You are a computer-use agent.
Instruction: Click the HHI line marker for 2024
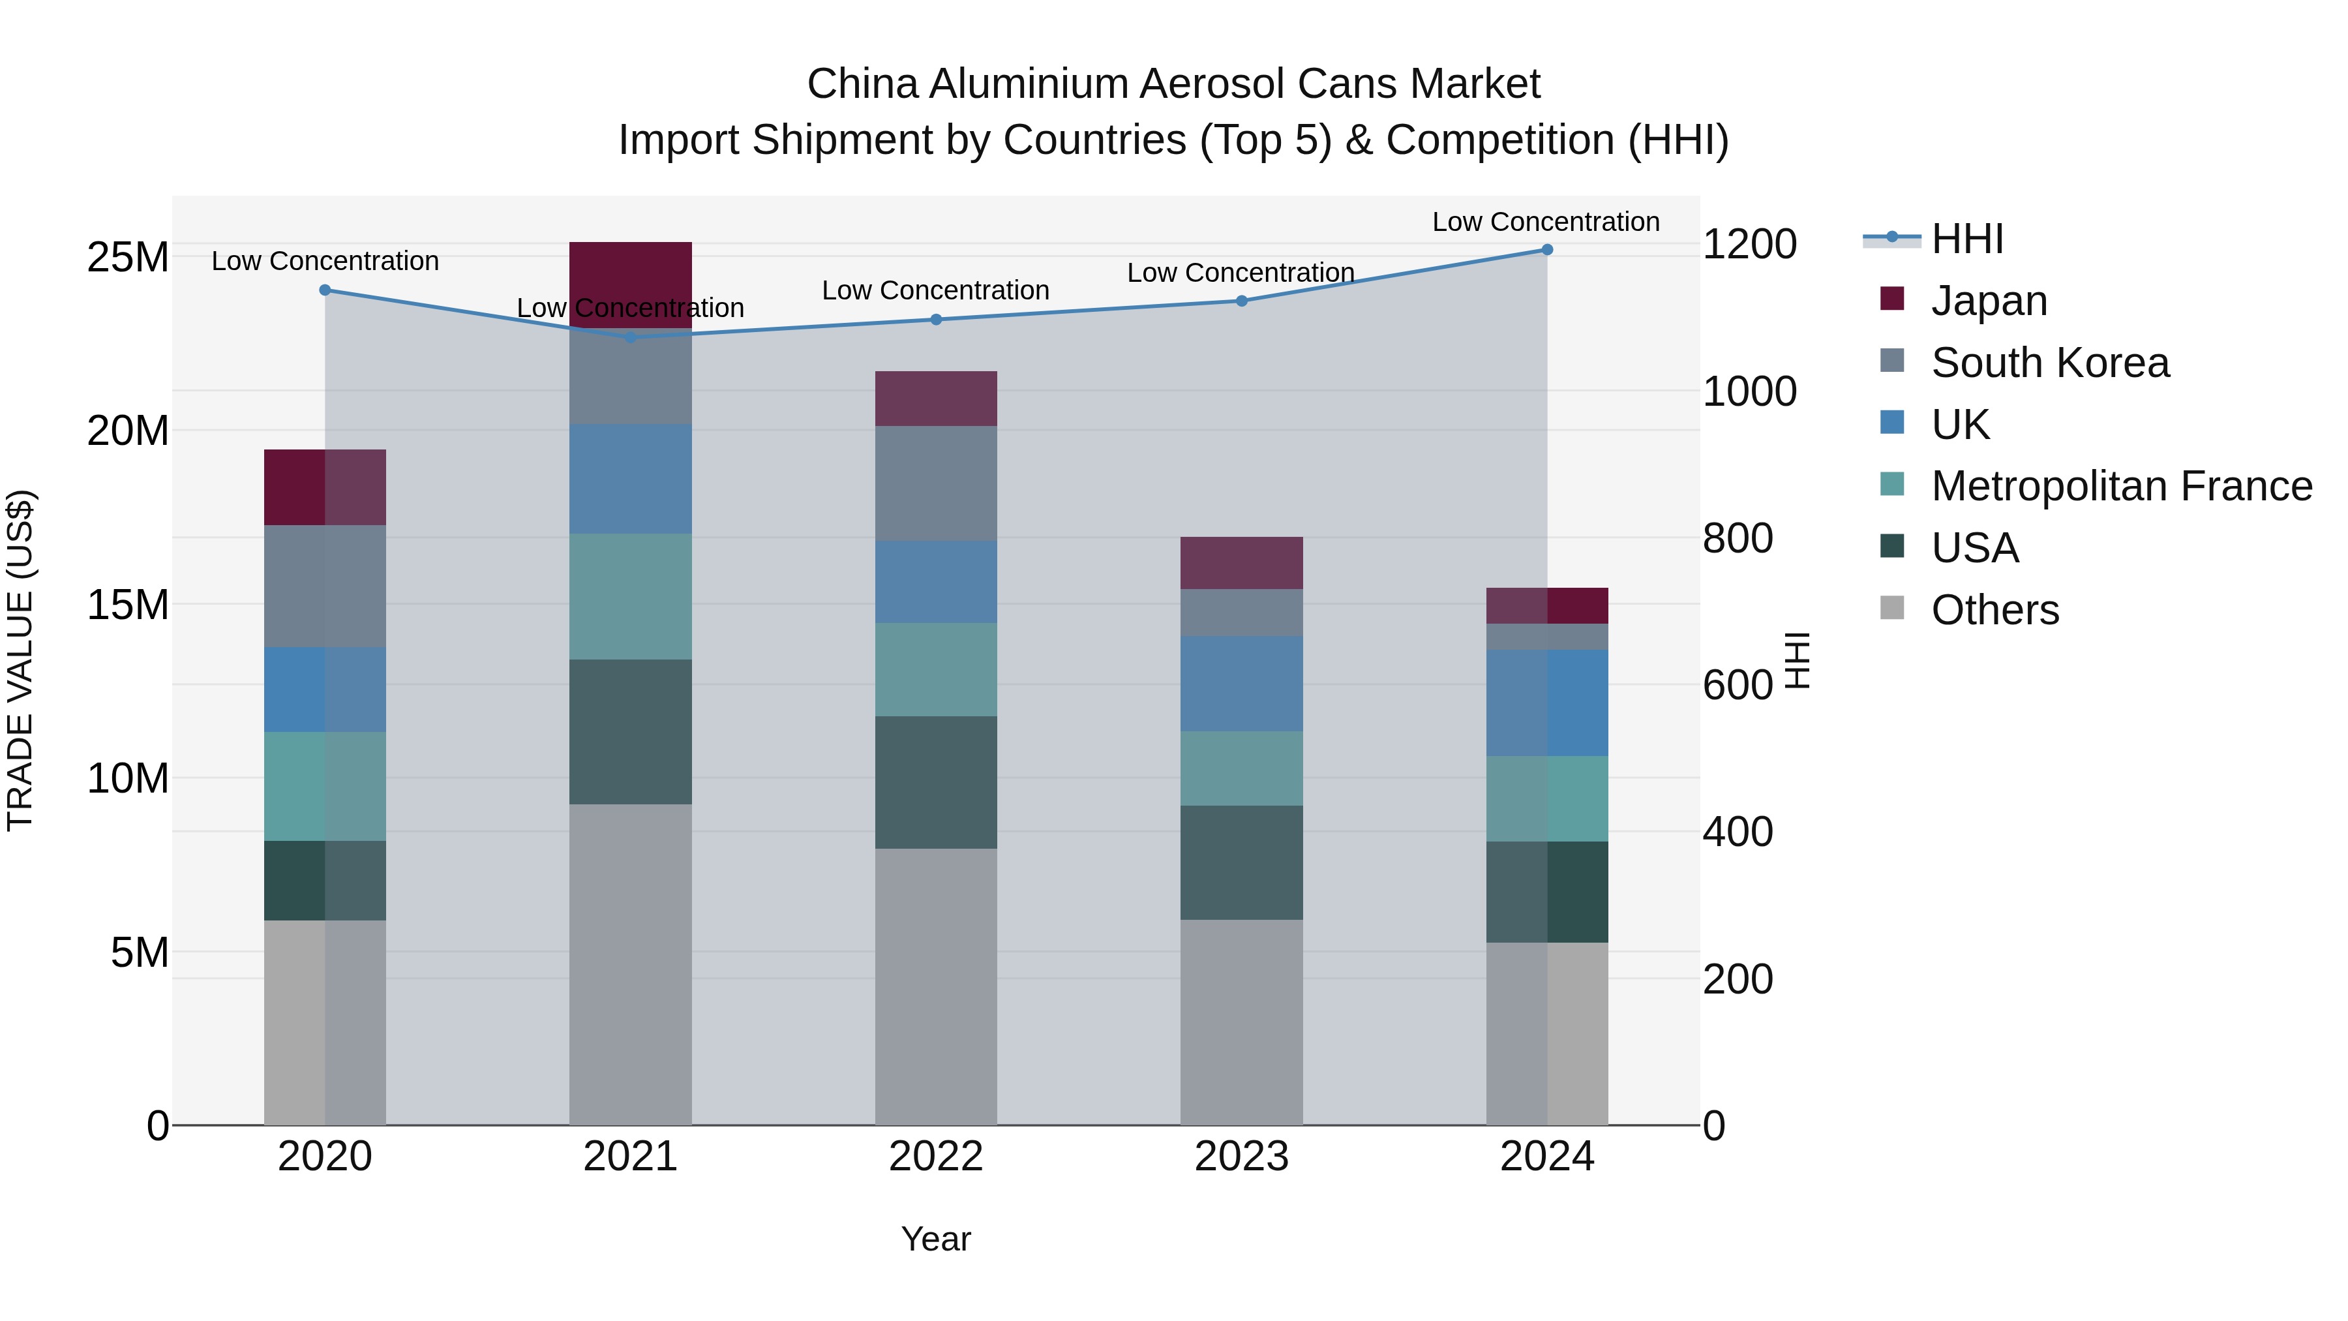(1547, 250)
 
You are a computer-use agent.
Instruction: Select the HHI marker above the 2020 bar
(325, 290)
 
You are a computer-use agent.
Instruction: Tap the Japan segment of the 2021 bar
(630, 273)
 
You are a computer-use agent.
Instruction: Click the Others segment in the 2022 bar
(936, 986)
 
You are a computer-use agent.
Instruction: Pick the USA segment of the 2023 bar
(1241, 862)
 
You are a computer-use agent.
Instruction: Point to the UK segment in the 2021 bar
(630, 479)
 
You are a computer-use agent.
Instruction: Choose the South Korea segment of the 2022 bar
(936, 483)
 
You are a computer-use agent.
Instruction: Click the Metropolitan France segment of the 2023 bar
(1241, 768)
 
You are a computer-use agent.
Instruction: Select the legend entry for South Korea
(2049, 363)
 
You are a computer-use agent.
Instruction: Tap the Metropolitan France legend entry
(2121, 486)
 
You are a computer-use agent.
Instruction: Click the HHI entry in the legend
(1967, 239)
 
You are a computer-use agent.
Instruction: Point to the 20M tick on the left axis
(128, 431)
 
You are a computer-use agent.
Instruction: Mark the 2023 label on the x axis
(1241, 1157)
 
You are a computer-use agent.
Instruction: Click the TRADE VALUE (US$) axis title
(20, 660)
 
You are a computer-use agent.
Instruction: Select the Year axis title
(936, 1239)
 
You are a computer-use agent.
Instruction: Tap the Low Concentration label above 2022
(936, 290)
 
